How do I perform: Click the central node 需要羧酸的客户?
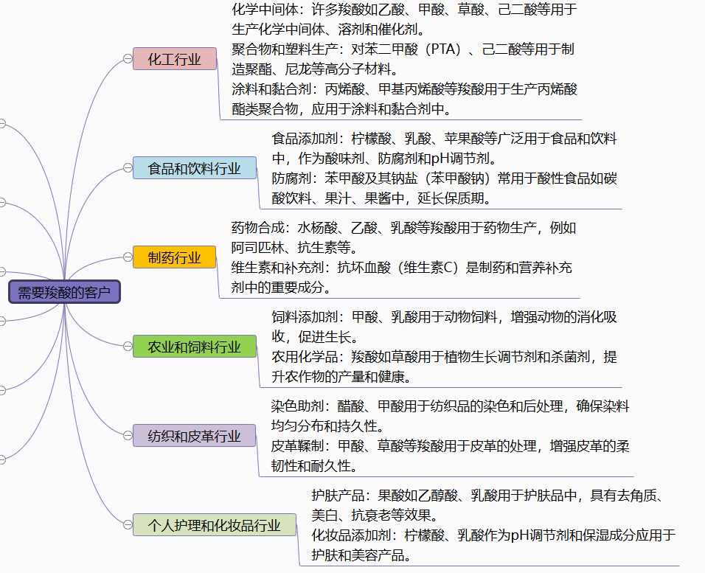pyautogui.click(x=64, y=292)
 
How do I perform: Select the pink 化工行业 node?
pyautogui.click(x=175, y=59)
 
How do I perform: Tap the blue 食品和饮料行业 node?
pyautogui.click(x=194, y=168)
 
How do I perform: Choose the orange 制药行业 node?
pyautogui.click(x=175, y=257)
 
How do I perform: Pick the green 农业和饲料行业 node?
pyautogui.click(x=194, y=347)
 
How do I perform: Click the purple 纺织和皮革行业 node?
pyautogui.click(x=194, y=435)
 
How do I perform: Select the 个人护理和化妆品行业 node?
pyautogui.click(x=215, y=525)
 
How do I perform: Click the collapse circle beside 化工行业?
pyautogui.click(x=128, y=59)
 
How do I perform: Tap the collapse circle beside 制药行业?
pyautogui.click(x=128, y=257)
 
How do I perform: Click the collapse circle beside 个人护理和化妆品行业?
pyautogui.click(x=128, y=524)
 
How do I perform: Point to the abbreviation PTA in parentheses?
pyautogui.click(x=443, y=49)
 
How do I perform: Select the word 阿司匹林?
pyautogui.click(x=257, y=247)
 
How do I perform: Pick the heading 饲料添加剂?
pyautogui.click(x=305, y=317)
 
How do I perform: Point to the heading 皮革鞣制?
pyautogui.click(x=298, y=445)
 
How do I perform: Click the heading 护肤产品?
pyautogui.click(x=338, y=495)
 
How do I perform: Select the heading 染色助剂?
pyautogui.click(x=298, y=406)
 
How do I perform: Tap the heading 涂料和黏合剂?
pyautogui.click(x=271, y=89)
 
